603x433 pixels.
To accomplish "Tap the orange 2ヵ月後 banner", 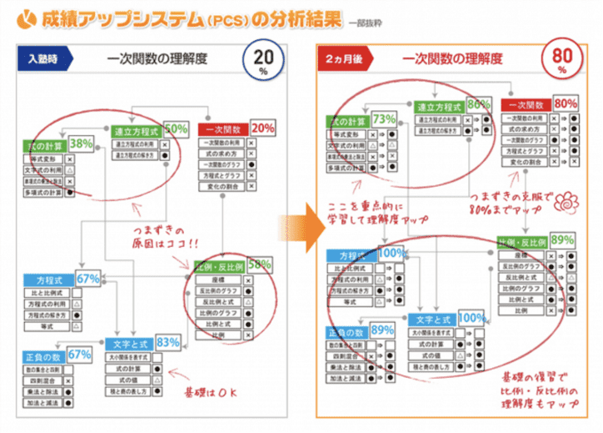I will click(x=345, y=59).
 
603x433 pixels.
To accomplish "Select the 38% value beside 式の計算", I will click(x=82, y=143).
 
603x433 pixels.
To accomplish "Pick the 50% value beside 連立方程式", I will click(x=175, y=129).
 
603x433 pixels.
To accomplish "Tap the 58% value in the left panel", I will click(x=258, y=264).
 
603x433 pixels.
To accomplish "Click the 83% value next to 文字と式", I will click(x=167, y=342).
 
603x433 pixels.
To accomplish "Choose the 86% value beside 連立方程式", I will click(x=478, y=104).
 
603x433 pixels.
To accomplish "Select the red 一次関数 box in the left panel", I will click(x=222, y=129).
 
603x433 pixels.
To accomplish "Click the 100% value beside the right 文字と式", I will click(x=471, y=318).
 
